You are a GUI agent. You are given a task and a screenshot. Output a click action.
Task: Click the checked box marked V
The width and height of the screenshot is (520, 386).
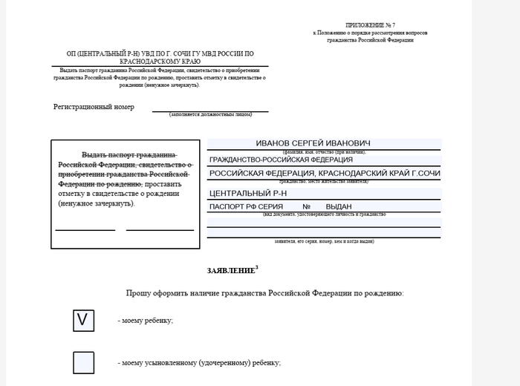pos(83,320)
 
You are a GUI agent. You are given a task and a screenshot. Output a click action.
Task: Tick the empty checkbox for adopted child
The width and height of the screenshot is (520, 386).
pos(83,362)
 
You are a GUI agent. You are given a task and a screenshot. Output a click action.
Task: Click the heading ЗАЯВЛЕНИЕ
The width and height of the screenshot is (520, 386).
pos(230,271)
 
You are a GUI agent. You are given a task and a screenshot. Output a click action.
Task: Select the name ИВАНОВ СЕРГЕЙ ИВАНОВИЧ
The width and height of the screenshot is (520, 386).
pos(313,143)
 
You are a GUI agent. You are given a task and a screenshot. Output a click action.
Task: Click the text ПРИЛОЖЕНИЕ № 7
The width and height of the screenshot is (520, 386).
pos(371,25)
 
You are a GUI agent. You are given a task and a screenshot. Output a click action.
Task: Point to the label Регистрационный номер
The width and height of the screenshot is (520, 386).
pos(94,107)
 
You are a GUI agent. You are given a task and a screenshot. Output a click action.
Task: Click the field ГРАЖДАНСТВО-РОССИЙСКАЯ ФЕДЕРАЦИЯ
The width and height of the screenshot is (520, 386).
pos(282,160)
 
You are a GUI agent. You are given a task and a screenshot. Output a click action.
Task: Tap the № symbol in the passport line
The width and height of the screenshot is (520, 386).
pos(306,206)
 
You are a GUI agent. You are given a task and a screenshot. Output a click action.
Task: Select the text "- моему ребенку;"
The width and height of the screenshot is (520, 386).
pos(146,321)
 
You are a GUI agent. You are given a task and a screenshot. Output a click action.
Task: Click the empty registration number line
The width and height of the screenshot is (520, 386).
pos(210,110)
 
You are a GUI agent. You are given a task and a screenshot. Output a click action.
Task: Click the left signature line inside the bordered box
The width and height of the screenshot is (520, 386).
pos(85,229)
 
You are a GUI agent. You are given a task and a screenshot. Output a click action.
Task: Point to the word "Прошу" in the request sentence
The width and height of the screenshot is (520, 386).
pos(138,295)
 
